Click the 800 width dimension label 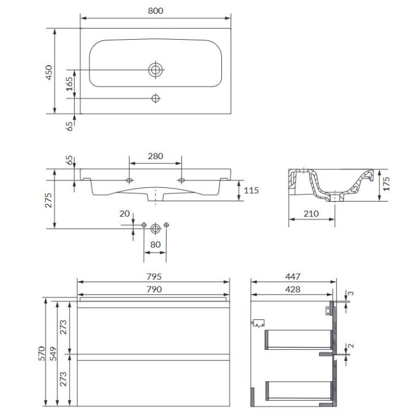(x=156, y=11)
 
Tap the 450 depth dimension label (x=49, y=72)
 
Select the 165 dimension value (x=69, y=84)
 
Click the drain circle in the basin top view (x=156, y=70)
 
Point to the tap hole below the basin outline (x=156, y=99)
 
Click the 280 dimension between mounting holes (x=156, y=156)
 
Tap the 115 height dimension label (x=251, y=190)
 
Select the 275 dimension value (x=48, y=201)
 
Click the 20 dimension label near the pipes (x=124, y=214)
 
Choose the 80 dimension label (x=156, y=244)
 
